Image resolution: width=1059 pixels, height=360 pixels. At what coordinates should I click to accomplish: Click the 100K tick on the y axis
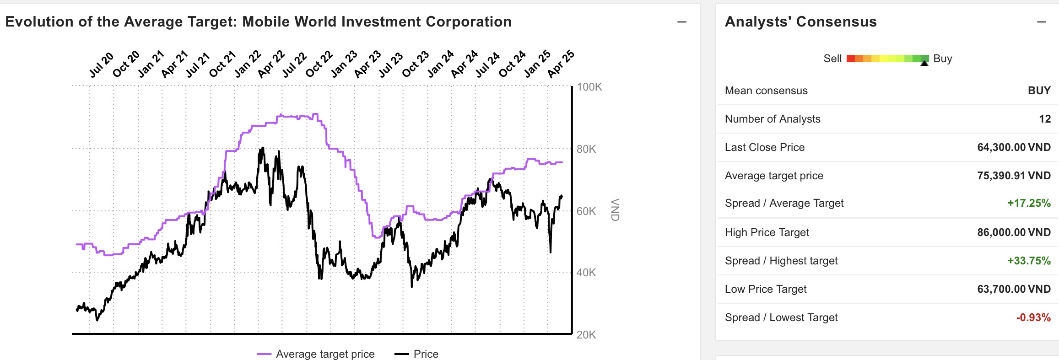[589, 87]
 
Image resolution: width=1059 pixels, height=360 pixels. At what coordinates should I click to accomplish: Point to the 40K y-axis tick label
[586, 273]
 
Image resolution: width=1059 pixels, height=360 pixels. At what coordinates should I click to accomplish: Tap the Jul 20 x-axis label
[101, 65]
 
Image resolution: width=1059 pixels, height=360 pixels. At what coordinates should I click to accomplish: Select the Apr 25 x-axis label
[561, 64]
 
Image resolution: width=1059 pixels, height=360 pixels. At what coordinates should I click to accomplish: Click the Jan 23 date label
[344, 64]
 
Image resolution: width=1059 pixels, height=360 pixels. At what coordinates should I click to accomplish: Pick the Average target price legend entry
[325, 354]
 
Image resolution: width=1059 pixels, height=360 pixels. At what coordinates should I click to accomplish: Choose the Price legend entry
[426, 354]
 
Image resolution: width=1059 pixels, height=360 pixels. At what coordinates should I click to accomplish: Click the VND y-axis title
[615, 210]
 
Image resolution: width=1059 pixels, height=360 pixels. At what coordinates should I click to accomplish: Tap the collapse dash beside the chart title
[682, 22]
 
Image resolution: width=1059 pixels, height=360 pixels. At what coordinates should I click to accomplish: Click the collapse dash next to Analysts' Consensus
[1042, 22]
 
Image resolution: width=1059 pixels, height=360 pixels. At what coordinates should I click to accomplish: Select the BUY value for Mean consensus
[1039, 91]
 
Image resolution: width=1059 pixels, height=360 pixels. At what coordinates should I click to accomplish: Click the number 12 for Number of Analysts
[1044, 119]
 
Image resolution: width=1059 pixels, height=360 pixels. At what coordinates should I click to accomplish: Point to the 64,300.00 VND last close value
[1014, 147]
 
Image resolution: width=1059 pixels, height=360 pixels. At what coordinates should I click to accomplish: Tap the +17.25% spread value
[1029, 203]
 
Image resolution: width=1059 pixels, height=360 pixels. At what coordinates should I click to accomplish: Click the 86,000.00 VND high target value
[1014, 232]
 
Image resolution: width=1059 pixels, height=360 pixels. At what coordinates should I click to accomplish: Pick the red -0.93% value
[1033, 317]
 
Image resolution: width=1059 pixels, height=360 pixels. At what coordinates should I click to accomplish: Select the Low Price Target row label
[766, 289]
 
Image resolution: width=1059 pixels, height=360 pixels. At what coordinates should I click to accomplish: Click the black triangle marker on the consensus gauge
[924, 63]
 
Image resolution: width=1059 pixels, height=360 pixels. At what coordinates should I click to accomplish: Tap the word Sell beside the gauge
[832, 59]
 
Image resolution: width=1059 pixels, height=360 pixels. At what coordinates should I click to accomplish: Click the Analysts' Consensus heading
[801, 22]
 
